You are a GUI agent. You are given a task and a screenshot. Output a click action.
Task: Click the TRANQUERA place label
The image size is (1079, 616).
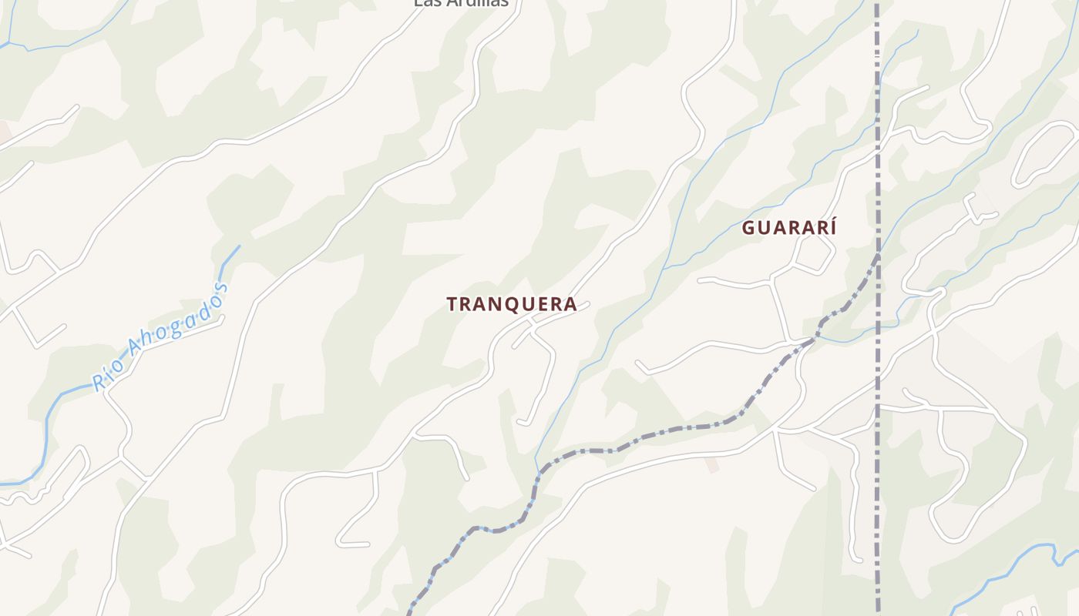512,304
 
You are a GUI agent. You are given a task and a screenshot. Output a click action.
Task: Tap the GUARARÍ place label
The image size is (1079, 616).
788,228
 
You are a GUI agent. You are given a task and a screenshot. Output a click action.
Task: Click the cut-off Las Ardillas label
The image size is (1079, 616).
461,3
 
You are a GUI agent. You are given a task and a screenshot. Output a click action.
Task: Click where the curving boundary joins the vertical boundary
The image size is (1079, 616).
877,254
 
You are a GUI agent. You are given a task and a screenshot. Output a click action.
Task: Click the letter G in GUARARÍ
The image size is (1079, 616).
748,228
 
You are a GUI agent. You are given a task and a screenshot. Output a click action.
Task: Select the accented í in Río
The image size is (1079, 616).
107,373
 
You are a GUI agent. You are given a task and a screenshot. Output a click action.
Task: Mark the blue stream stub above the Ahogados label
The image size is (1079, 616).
230,258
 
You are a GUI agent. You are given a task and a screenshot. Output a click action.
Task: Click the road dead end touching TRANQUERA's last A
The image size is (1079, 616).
587,304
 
